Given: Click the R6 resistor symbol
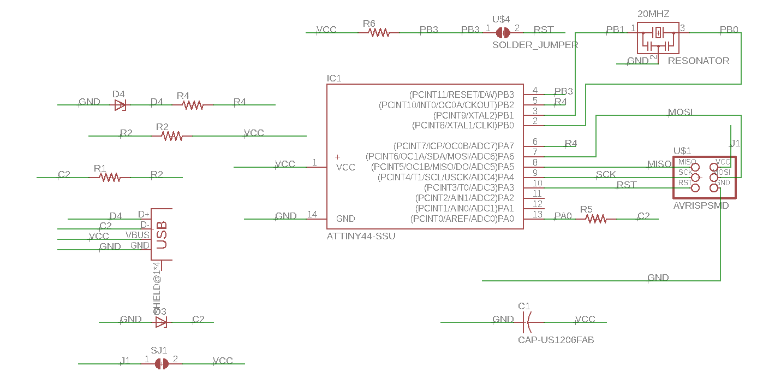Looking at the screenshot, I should point(378,33).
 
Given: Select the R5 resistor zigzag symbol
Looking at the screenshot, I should point(596,219).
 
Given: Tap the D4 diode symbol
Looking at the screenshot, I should point(120,105).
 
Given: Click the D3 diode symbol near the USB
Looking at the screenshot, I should point(161,322).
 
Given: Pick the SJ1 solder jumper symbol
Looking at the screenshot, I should point(161,363).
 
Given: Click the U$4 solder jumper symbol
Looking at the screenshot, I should point(503,33).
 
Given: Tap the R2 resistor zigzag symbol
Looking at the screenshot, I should point(172,136).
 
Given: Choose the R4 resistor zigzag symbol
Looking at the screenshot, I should point(193,105).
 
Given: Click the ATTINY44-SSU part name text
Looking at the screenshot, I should point(361,237).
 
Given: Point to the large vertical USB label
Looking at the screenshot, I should point(162,235).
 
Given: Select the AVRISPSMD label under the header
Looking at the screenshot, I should point(701,206).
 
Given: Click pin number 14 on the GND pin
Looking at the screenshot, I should point(312,215).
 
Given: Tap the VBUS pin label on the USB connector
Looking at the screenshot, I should point(138,235).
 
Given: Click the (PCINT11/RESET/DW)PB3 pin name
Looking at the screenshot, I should point(462,95).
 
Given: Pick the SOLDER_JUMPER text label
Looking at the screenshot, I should point(535,45).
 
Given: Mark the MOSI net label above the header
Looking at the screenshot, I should point(680,112).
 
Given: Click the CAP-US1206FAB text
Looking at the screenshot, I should point(556,340).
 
